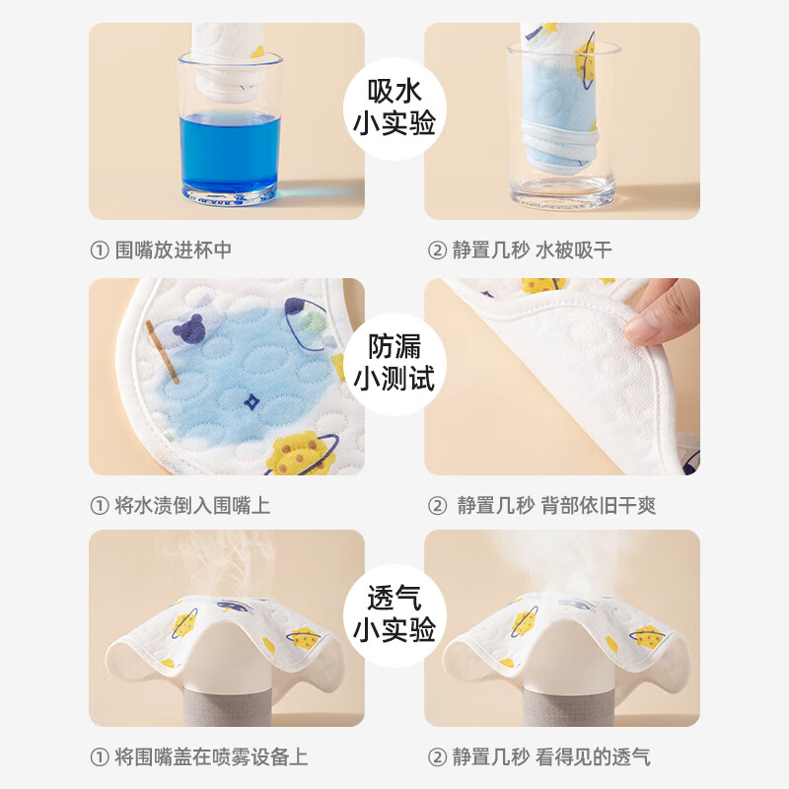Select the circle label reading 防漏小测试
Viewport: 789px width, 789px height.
(394, 362)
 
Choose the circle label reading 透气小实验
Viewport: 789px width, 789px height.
(394, 614)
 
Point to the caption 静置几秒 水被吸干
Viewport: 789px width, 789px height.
(520, 250)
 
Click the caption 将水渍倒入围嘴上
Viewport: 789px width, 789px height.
(179, 505)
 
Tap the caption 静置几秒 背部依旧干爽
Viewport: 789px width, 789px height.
(541, 505)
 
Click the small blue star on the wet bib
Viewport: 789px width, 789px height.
(251, 401)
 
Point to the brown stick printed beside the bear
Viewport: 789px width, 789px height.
(160, 351)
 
